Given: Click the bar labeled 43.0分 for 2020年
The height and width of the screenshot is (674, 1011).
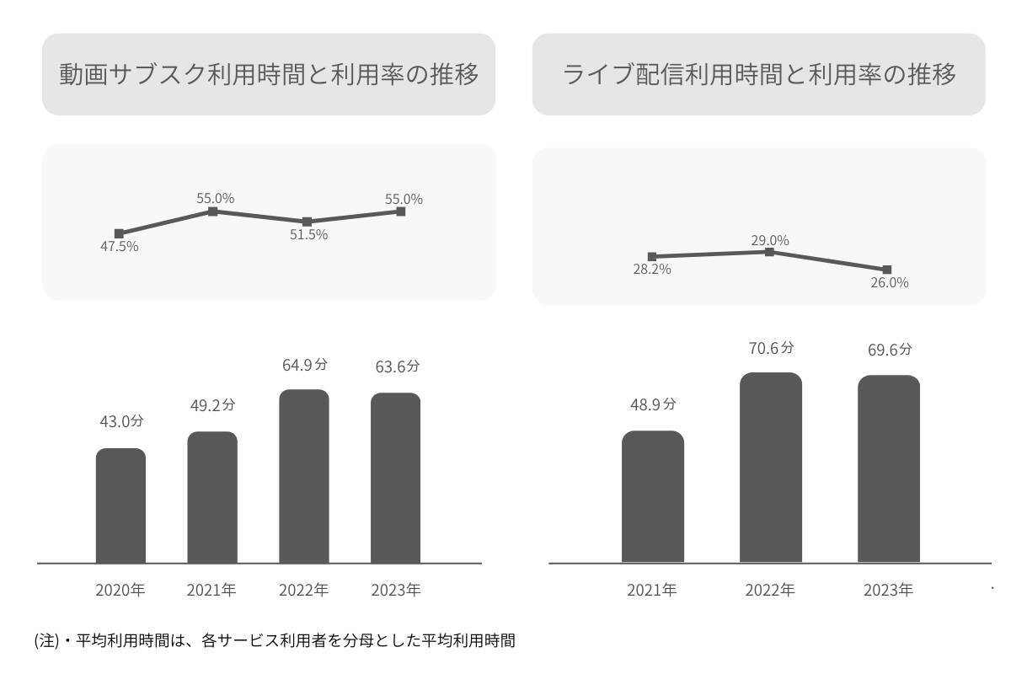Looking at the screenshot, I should [120, 505].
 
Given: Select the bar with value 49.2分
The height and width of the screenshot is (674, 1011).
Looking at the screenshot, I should [212, 497].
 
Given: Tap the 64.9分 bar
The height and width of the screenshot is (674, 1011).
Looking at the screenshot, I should [304, 476].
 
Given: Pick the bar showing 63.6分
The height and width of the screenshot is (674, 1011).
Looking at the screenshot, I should [395, 478].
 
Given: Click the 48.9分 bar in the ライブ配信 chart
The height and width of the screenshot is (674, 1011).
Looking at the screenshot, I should [653, 497].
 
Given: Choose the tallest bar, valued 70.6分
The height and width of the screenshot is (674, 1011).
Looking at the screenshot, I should [771, 468].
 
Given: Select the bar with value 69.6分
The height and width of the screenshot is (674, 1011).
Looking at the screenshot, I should [889, 469].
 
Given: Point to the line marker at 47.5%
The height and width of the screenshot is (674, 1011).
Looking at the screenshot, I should [119, 233].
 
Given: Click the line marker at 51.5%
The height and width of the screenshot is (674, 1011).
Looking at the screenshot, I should [307, 222].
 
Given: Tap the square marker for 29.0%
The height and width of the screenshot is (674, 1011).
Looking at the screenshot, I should [769, 252].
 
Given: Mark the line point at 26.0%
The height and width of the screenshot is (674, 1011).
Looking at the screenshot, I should [887, 270].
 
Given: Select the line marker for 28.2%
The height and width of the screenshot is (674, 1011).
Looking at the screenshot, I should [652, 256].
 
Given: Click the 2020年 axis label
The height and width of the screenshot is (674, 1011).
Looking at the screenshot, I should [120, 591].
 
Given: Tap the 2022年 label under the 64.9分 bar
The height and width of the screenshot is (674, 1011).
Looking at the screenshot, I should [304, 591].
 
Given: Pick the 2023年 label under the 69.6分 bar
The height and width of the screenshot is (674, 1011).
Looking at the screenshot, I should [888, 591].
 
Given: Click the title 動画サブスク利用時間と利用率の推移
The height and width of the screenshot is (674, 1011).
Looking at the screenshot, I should [269, 75].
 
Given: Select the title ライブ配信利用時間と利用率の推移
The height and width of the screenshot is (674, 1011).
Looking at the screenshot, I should [759, 75].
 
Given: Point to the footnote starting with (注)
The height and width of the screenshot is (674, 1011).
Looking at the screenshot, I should [274, 641].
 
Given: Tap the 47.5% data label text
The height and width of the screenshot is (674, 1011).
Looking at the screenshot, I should [118, 247].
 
